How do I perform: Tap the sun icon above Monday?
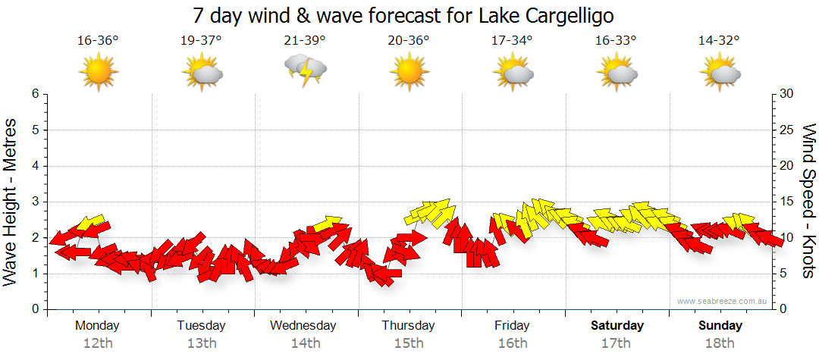pos(98,71)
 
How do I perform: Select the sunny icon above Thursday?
pos(409,71)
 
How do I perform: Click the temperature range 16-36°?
pos(98,41)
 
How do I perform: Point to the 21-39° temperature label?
pos(305,41)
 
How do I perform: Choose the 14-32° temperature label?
pos(720,41)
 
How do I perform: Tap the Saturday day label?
pos(617,326)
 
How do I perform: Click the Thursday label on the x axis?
pos(409,326)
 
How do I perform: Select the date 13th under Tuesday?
pos(201,343)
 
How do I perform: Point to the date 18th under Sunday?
pos(720,343)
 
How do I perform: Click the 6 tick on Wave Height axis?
pos(34,94)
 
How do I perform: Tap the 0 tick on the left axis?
pos(34,309)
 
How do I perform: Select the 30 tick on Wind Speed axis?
pos(788,94)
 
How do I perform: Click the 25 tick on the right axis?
pos(788,130)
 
